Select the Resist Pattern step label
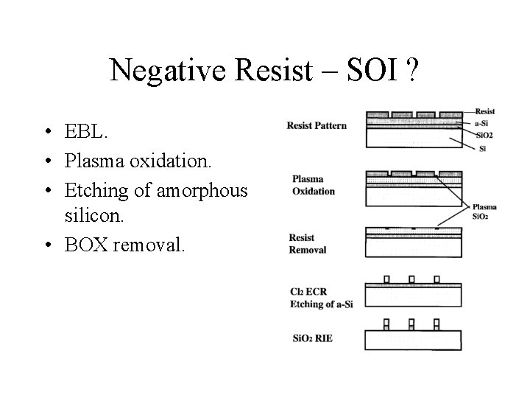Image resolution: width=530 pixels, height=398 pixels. [317, 125]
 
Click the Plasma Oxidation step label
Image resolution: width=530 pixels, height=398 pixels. [313, 185]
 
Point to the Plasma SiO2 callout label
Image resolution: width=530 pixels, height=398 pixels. [484, 212]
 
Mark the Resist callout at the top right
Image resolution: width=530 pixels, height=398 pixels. [485, 111]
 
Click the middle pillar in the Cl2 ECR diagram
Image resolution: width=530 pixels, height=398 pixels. [411, 279]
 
